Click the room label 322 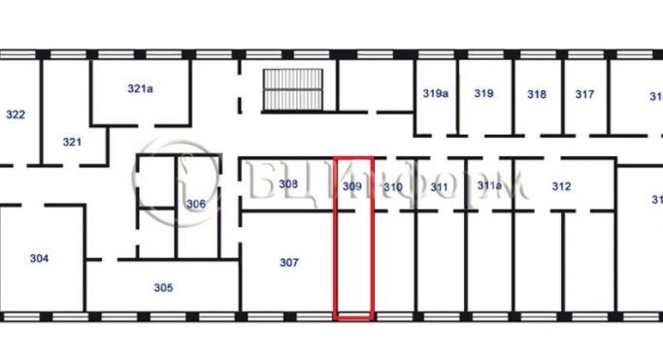coord(16,115)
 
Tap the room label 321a coord(141,88)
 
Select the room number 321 coord(72,142)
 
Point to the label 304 coord(39,258)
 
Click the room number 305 coord(163,287)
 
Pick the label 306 coord(196,204)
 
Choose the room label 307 coord(288,262)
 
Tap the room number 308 coord(287,183)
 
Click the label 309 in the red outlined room coord(352,185)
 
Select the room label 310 coord(392,186)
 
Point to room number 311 coord(439,186)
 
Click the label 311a coord(488,186)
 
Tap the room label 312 coord(561,186)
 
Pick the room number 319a coord(435,94)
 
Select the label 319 coord(483,94)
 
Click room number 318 coord(537,94)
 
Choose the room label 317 coord(584,94)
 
